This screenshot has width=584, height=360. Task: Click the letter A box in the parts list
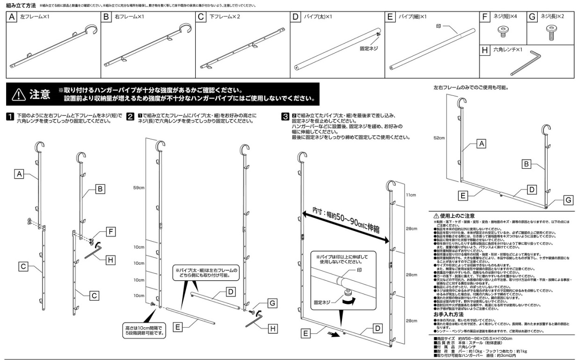(13, 17)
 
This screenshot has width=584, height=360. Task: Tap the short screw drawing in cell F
(502, 32)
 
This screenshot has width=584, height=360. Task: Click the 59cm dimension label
(139, 188)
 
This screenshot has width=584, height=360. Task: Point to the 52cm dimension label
(439, 137)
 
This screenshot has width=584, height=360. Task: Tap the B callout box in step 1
(100, 189)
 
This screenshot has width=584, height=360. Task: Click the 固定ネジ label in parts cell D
(369, 48)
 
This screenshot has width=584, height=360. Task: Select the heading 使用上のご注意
(456, 216)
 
